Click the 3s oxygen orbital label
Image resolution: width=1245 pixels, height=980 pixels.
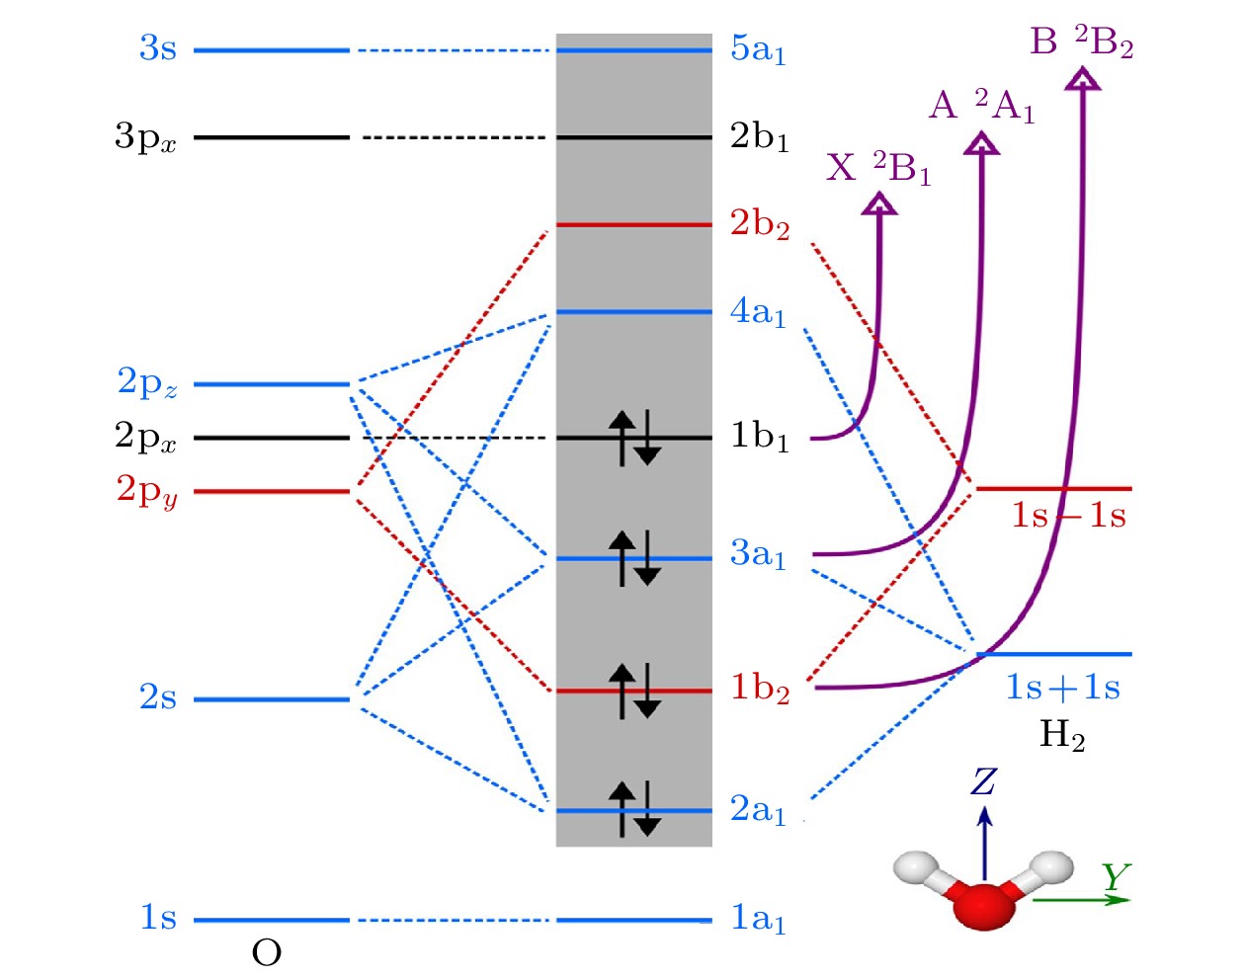tap(158, 48)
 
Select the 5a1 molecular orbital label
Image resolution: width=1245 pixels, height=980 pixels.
tap(758, 49)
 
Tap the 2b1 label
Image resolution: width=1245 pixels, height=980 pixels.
tap(759, 137)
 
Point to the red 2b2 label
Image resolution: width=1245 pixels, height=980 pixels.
tap(759, 225)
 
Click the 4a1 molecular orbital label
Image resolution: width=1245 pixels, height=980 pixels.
tap(758, 313)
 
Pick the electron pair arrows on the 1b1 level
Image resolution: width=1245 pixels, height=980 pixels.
tap(633, 438)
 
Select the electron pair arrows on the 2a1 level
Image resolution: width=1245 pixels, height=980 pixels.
tap(633, 809)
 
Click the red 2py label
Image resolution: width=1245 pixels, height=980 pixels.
tap(147, 491)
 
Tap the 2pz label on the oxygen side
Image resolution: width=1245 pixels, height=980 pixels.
tap(147, 383)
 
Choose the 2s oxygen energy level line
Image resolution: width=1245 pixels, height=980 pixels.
tap(272, 699)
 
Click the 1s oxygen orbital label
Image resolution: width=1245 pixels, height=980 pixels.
tap(158, 918)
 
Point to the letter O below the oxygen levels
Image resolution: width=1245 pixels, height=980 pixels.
tap(267, 953)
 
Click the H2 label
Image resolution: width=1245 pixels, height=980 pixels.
tap(1062, 735)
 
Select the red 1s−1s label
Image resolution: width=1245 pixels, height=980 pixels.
tap(1067, 516)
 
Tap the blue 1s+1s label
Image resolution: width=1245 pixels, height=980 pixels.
tap(1062, 688)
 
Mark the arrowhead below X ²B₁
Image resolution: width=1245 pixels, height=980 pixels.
tap(878, 204)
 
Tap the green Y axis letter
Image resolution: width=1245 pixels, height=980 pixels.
tap(1117, 876)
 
